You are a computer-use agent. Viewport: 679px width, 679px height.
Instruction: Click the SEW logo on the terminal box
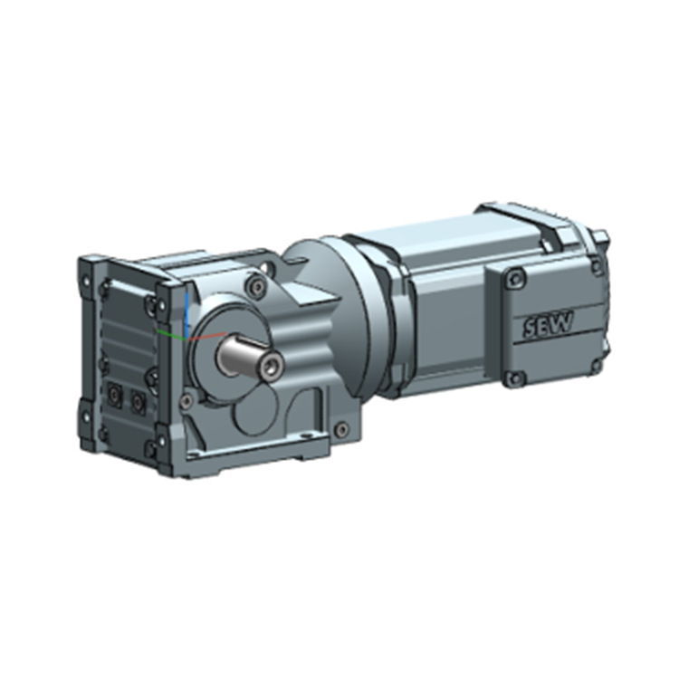pos(548,323)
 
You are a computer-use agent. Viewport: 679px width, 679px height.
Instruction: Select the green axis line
pos(171,333)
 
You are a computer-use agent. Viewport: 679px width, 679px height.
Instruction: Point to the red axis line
pos(206,336)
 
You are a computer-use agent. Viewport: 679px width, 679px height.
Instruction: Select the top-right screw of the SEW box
pos(598,264)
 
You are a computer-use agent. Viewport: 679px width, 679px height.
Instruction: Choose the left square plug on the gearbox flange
pos(114,394)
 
